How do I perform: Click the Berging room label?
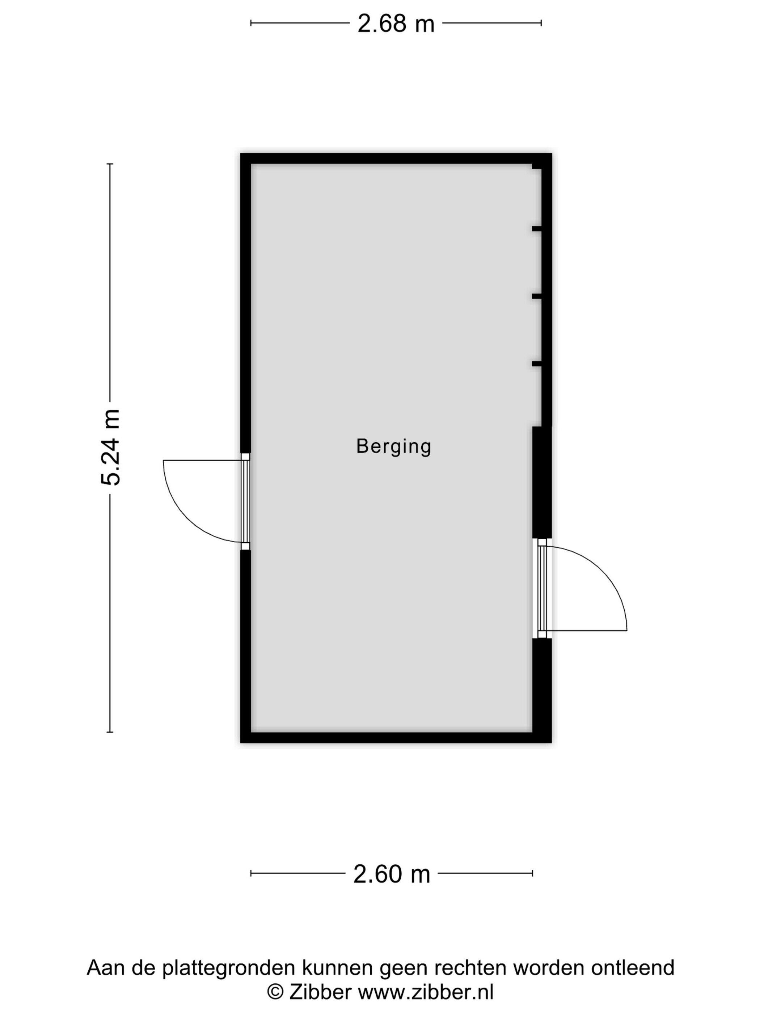tap(393, 446)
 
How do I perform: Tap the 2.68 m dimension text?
tap(396, 24)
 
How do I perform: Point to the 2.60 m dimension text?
tap(392, 874)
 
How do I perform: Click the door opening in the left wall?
tap(245, 501)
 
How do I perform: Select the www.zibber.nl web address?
tap(425, 992)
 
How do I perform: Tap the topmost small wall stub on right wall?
tap(536, 229)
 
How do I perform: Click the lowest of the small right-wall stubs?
tap(536, 364)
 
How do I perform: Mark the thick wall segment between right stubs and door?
tap(542, 482)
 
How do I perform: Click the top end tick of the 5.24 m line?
tap(110, 164)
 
